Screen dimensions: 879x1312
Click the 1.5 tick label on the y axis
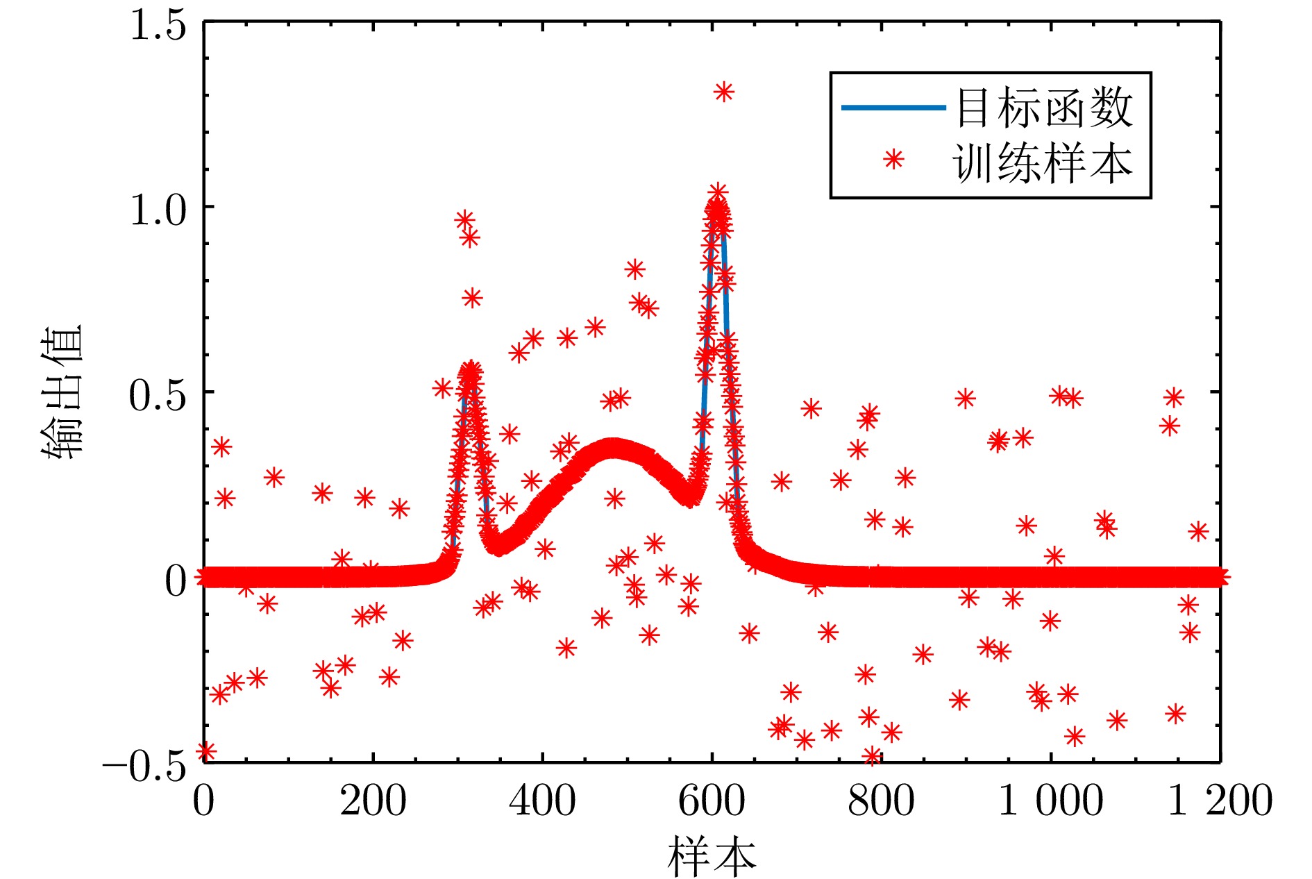click(158, 26)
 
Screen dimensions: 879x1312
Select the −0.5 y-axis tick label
click(145, 767)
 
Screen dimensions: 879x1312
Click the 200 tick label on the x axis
click(373, 801)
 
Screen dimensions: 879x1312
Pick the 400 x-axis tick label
click(542, 801)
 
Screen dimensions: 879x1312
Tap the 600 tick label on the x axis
click(712, 801)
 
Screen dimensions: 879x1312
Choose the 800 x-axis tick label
click(881, 801)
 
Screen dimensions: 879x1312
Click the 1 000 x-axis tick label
click(1050, 801)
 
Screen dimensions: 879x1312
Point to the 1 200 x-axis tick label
click(1220, 801)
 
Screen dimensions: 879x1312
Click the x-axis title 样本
click(712, 855)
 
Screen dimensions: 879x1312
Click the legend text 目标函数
click(1045, 108)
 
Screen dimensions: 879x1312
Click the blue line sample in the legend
click(893, 108)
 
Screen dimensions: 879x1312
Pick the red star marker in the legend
click(893, 160)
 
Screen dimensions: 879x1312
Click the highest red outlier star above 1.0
click(724, 92)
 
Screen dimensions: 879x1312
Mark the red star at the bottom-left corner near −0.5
click(205, 751)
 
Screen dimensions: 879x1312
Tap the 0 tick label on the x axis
click(203, 801)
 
